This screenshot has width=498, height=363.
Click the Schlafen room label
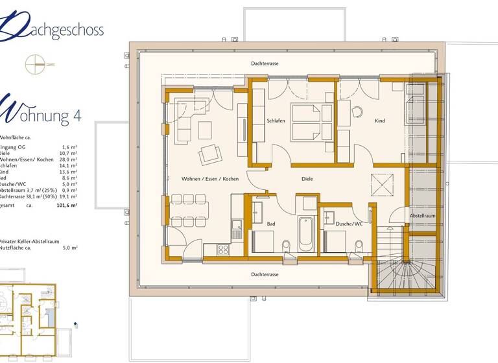click(276, 121)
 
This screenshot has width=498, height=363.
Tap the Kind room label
click(379, 121)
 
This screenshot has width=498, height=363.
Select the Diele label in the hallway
click(307, 178)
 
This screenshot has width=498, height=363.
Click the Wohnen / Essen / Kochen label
click(209, 178)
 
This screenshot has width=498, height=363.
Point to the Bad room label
click(272, 224)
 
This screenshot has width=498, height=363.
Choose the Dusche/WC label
click(349, 224)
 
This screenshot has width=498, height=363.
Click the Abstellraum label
click(421, 215)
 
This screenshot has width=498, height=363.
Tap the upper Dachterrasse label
click(265, 64)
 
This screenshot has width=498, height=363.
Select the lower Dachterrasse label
click(265, 274)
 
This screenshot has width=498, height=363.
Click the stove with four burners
click(223, 249)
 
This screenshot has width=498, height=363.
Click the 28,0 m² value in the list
click(68, 159)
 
